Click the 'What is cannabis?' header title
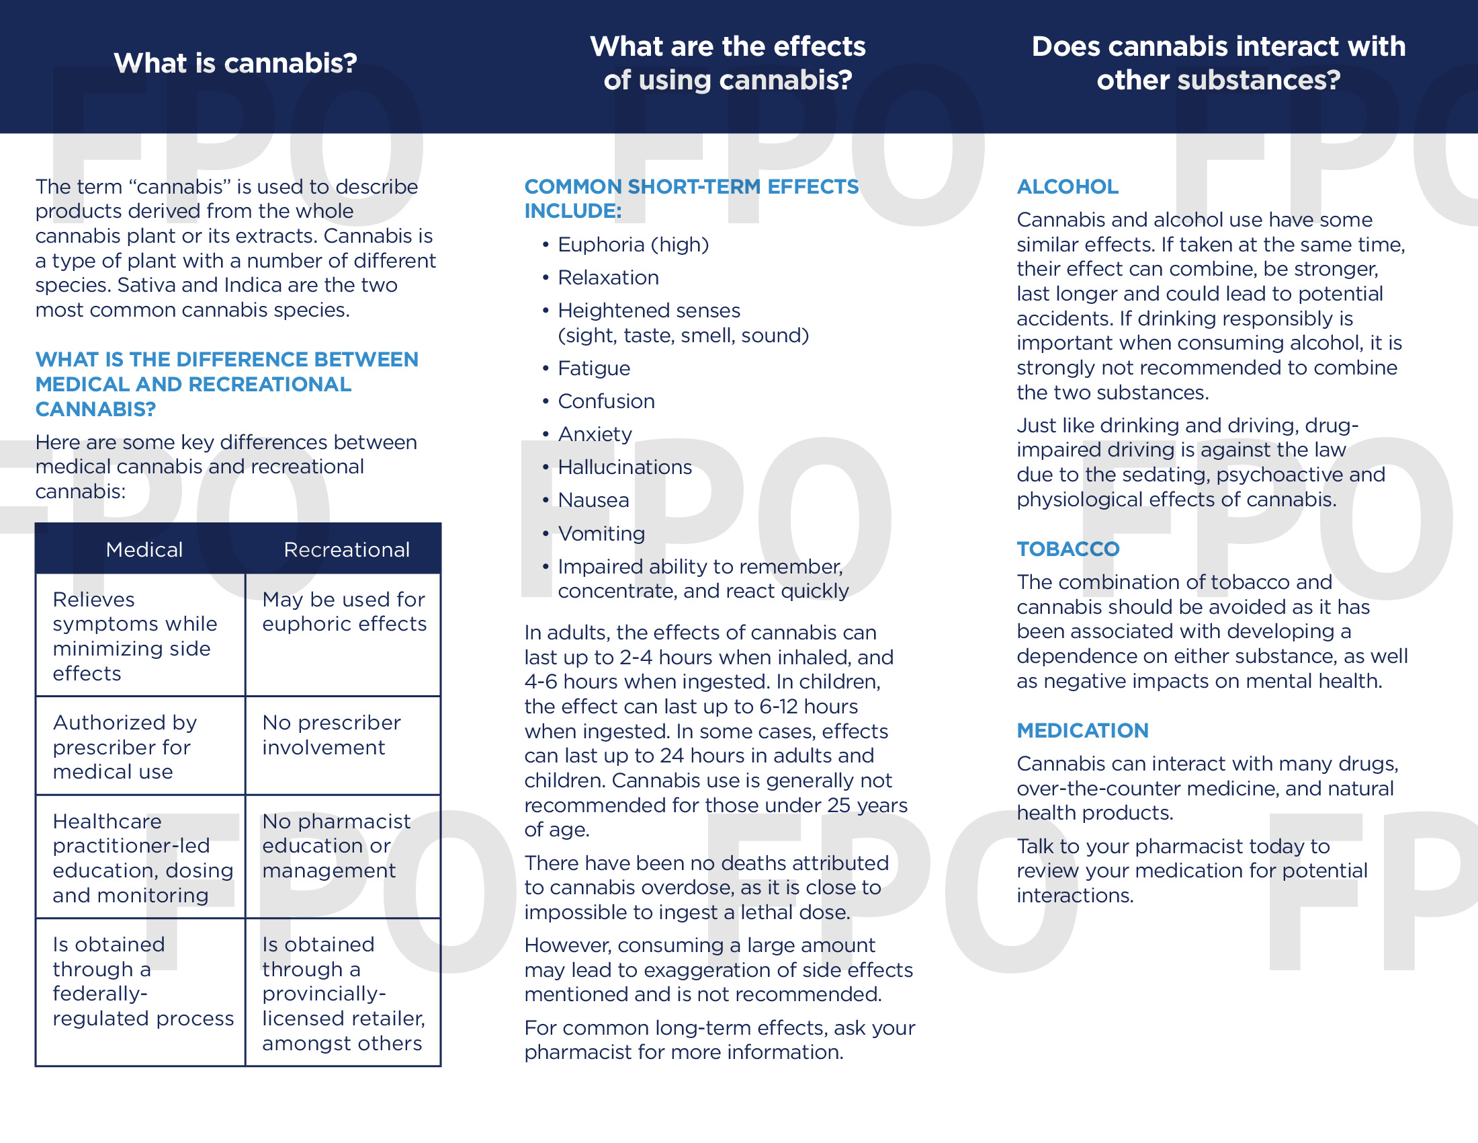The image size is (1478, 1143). point(235,63)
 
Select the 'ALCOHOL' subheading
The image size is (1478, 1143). point(1068,186)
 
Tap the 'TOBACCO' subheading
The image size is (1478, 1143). point(1068,549)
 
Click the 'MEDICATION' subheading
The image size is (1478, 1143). point(1082,730)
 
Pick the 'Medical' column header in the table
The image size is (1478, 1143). point(144,549)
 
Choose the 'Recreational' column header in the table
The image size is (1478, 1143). point(347,549)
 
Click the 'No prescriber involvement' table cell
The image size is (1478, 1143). point(331,735)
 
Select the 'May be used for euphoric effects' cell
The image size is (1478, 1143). point(344,611)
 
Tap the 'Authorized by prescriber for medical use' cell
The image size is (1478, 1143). point(124,747)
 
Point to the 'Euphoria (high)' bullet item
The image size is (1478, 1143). point(633,245)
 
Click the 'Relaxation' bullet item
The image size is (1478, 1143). point(608,278)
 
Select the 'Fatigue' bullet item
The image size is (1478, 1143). point(593,368)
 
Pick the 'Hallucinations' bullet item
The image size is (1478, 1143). point(625,467)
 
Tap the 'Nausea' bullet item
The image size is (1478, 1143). point(593,500)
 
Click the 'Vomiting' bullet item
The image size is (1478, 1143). point(601,534)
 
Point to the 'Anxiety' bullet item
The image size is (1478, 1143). point(595,434)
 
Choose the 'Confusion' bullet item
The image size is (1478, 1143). point(606,401)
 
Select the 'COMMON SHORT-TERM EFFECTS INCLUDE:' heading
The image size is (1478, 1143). point(690,198)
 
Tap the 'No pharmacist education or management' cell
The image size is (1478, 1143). point(336,846)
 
